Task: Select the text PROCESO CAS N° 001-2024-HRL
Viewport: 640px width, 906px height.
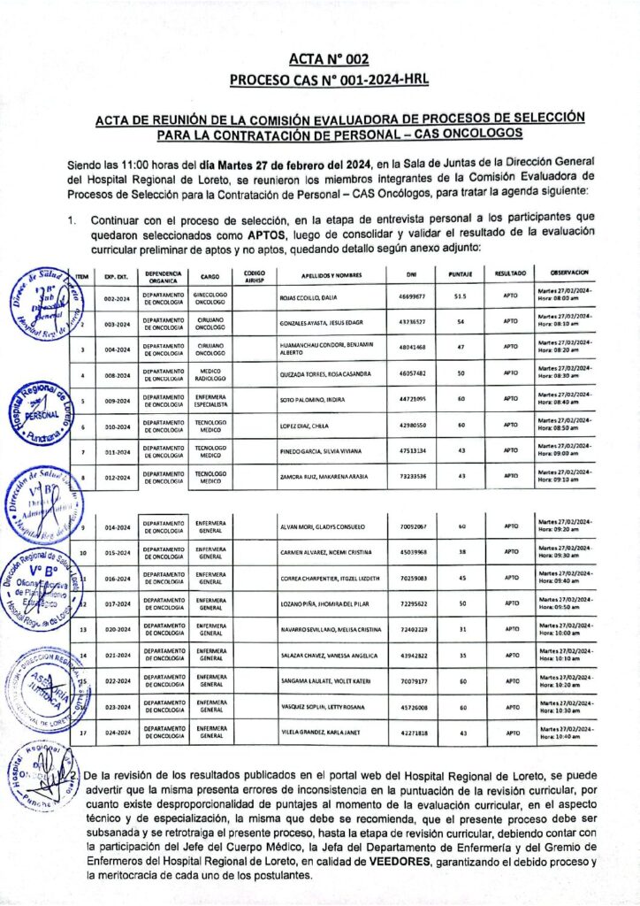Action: coord(328,81)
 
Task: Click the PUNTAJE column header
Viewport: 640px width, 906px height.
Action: coord(460,275)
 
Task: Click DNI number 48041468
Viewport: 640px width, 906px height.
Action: coord(412,349)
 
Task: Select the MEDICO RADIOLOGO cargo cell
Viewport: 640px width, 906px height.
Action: coord(210,374)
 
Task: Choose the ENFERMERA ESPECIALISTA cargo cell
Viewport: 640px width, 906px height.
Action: coord(210,400)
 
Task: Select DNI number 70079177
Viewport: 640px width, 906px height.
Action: coord(413,681)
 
